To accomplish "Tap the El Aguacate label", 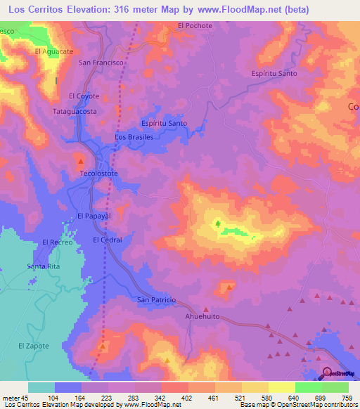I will click(54, 51).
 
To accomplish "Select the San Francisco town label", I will click(101, 63).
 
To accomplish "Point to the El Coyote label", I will click(84, 96).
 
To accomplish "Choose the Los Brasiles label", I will click(134, 137).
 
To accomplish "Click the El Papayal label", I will click(94, 216).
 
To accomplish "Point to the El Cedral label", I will click(108, 240).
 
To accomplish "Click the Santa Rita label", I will click(43, 266).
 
